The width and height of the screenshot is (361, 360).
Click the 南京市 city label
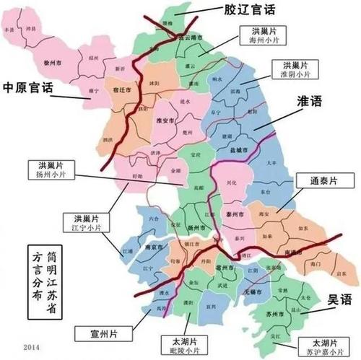click(149, 245)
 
